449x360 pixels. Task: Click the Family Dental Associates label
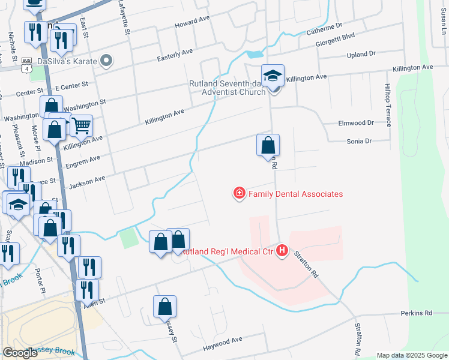pos(295,194)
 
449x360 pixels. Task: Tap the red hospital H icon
pos(282,251)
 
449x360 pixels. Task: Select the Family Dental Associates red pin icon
pos(240,193)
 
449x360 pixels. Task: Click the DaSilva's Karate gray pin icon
pos(107,60)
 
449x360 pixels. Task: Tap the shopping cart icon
pos(80,126)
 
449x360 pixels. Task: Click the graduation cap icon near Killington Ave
pos(273,76)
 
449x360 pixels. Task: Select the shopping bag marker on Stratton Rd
pos(268,145)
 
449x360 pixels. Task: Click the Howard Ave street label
pos(192,23)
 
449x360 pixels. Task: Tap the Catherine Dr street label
pos(324,29)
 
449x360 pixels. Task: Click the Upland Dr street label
pos(361,54)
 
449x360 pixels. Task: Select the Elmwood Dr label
pos(357,123)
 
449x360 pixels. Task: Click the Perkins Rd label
pos(417,313)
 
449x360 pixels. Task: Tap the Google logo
pos(20,353)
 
